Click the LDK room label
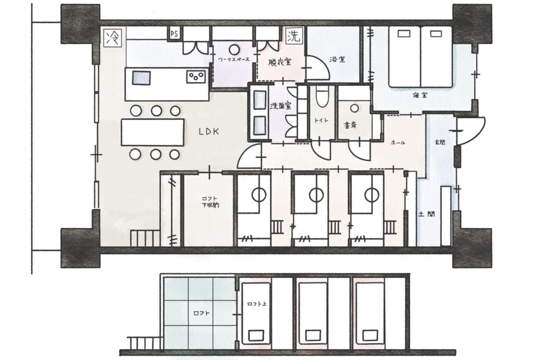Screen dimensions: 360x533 pos(208,132)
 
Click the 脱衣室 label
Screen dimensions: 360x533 pos(280,61)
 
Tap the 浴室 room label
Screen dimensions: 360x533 pos(337,59)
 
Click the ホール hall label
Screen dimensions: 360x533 pos(398,142)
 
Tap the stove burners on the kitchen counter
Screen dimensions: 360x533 pos(196,78)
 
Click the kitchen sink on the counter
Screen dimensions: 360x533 pos(141,78)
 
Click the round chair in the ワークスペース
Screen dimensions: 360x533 pos(234,49)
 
